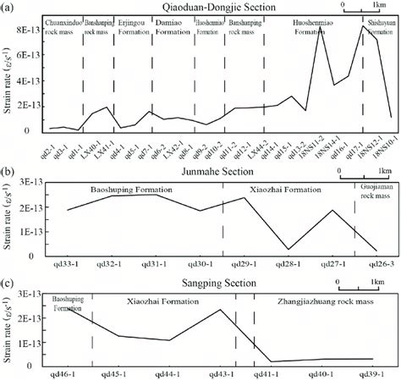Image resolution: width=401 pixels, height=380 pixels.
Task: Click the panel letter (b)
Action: [8, 155]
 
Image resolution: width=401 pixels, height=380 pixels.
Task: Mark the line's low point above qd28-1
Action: [288, 250]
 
